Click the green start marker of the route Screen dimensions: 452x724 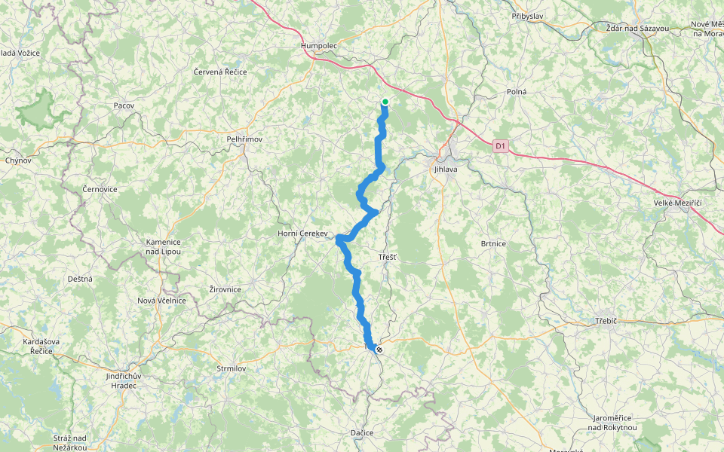[x=385, y=102]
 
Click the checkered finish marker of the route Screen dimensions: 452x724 [x=379, y=350]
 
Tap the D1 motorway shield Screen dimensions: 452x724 [x=502, y=145]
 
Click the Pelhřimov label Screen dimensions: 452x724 [x=244, y=139]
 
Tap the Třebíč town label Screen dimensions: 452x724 [x=606, y=321]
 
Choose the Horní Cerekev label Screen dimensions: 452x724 [x=302, y=234]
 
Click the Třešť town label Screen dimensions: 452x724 [x=388, y=258]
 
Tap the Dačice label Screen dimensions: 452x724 [x=362, y=433]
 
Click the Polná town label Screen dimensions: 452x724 [x=517, y=91]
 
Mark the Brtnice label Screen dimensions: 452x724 [x=493, y=243]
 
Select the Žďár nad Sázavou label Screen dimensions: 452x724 [x=637, y=28]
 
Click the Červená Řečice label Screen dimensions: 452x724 [x=219, y=72]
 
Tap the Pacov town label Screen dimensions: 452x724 [x=124, y=105]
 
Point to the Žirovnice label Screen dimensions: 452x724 [x=225, y=289]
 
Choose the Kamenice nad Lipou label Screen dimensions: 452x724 [x=164, y=246]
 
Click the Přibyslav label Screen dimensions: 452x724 [x=528, y=16]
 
